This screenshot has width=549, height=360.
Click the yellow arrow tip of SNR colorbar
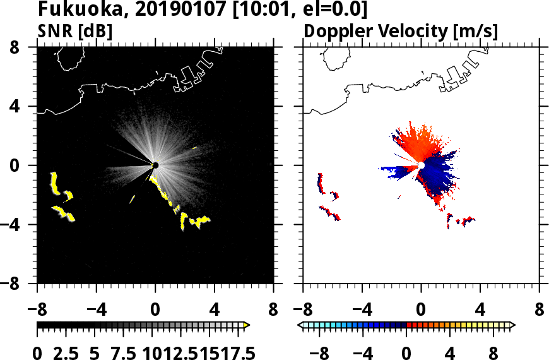(247, 325)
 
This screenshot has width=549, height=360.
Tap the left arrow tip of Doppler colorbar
(300, 325)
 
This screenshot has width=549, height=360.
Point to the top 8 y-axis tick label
(25, 47)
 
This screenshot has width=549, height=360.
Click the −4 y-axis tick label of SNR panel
(18, 225)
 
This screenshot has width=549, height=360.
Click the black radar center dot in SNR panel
(155, 165)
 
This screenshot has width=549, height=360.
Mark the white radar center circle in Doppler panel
(421, 165)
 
